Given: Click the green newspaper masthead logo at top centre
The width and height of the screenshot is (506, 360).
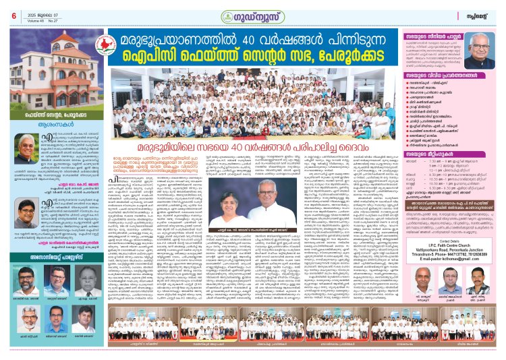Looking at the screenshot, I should coord(252,13).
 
